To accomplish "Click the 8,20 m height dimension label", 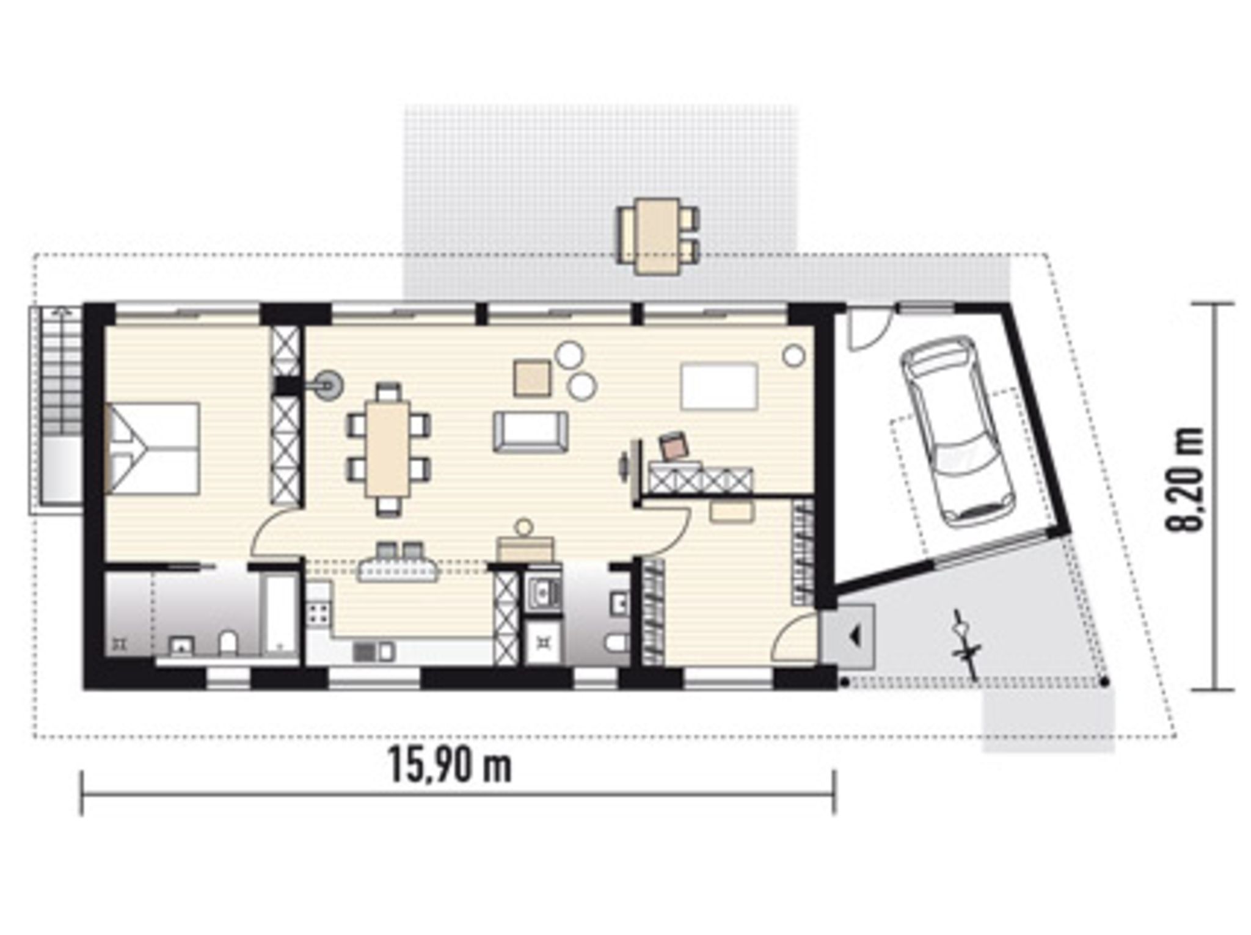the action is pyautogui.click(x=1184, y=479).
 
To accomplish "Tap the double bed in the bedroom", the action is pyautogui.click(x=152, y=448).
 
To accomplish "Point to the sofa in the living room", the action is pyautogui.click(x=530, y=432).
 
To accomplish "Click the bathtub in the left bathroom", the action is pyautogui.click(x=279, y=613).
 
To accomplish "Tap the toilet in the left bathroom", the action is pyautogui.click(x=228, y=644).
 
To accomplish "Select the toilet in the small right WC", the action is pyautogui.click(x=617, y=644).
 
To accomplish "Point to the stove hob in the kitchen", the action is pyautogui.click(x=318, y=613).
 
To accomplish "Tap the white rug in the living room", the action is pyautogui.click(x=719, y=386).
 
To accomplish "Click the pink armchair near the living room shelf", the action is pyautogui.click(x=673, y=446).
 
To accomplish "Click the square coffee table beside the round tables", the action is pyautogui.click(x=532, y=379).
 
